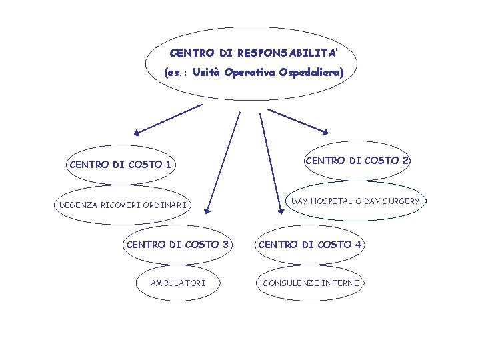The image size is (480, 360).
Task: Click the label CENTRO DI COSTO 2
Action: (x=357, y=160)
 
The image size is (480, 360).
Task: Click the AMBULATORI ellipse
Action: (x=178, y=283)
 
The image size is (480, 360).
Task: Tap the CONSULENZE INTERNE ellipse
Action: (x=311, y=283)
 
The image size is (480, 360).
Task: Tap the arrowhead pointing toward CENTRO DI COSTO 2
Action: (x=325, y=131)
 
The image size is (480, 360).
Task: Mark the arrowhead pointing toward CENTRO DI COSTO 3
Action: (x=209, y=205)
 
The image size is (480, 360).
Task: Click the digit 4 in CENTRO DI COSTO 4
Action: (x=359, y=244)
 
